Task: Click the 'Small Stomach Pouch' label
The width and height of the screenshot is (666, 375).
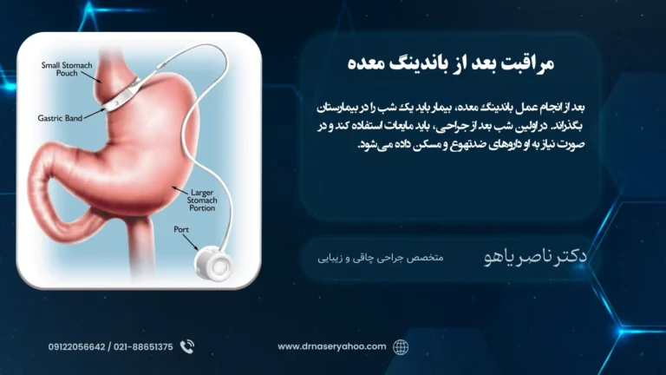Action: tap(67, 69)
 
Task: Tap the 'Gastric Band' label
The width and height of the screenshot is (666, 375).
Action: tap(60, 118)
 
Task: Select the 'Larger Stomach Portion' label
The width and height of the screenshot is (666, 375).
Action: tap(202, 200)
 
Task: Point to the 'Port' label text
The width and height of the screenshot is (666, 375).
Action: tap(181, 229)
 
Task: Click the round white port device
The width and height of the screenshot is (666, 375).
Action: tap(213, 264)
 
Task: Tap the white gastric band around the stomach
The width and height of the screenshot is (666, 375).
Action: tap(121, 96)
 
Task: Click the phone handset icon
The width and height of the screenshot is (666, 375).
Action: tap(187, 347)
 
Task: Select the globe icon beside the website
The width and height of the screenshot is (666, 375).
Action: tap(400, 347)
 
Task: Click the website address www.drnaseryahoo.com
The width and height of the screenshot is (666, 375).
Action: tap(332, 346)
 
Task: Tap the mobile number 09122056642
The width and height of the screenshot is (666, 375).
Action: tap(76, 347)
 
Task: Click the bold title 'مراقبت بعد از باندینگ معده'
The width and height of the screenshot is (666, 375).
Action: tap(451, 62)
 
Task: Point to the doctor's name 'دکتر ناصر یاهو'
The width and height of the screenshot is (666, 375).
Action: tap(535, 256)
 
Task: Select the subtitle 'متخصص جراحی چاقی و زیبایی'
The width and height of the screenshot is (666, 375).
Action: tap(380, 258)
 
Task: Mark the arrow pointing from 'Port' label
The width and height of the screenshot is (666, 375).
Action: tap(191, 242)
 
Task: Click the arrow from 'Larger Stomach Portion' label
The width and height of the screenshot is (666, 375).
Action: tap(180, 190)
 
